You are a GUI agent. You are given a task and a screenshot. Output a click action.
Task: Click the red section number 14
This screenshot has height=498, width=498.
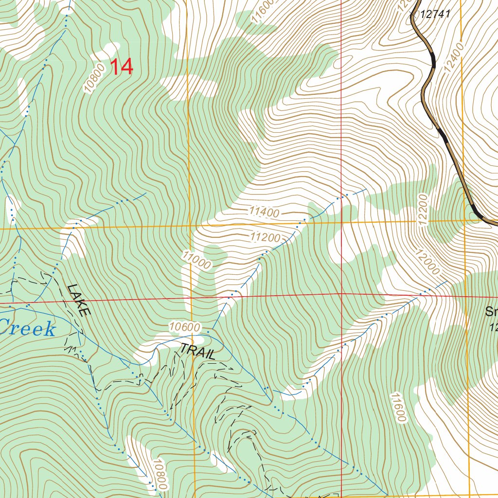122,67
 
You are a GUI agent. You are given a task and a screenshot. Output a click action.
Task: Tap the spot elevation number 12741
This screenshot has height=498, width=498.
434,15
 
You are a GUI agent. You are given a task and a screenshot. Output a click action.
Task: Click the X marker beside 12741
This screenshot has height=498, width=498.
414,15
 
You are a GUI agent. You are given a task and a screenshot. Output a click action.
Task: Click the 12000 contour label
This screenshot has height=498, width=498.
427,263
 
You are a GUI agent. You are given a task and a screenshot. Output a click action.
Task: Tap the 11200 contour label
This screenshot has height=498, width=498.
265,237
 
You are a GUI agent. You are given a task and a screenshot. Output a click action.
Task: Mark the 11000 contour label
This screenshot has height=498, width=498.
196,260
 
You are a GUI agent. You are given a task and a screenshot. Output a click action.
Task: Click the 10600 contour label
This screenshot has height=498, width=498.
185,327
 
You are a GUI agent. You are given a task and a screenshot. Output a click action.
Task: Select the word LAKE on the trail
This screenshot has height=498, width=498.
78,301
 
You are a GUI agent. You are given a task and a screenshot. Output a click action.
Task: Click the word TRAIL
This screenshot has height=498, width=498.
197,351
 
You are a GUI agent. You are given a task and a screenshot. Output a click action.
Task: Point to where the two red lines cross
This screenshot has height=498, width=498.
341,294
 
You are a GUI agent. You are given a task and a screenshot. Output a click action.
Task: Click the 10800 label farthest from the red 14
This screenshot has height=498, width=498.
160,473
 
